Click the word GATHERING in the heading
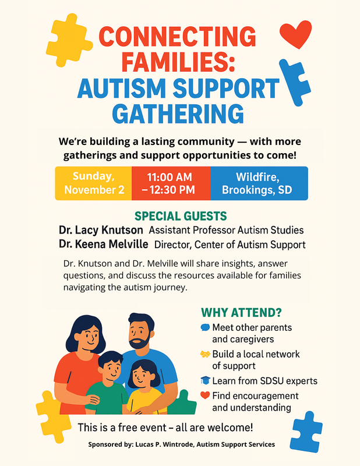178,113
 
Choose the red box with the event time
170,183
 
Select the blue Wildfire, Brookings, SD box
256,183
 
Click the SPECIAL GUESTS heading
181,216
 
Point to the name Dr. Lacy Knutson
101,230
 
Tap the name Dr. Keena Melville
104,244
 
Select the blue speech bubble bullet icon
205,327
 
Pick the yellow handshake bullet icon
205,354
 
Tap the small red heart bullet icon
205,396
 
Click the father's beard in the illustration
140,341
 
